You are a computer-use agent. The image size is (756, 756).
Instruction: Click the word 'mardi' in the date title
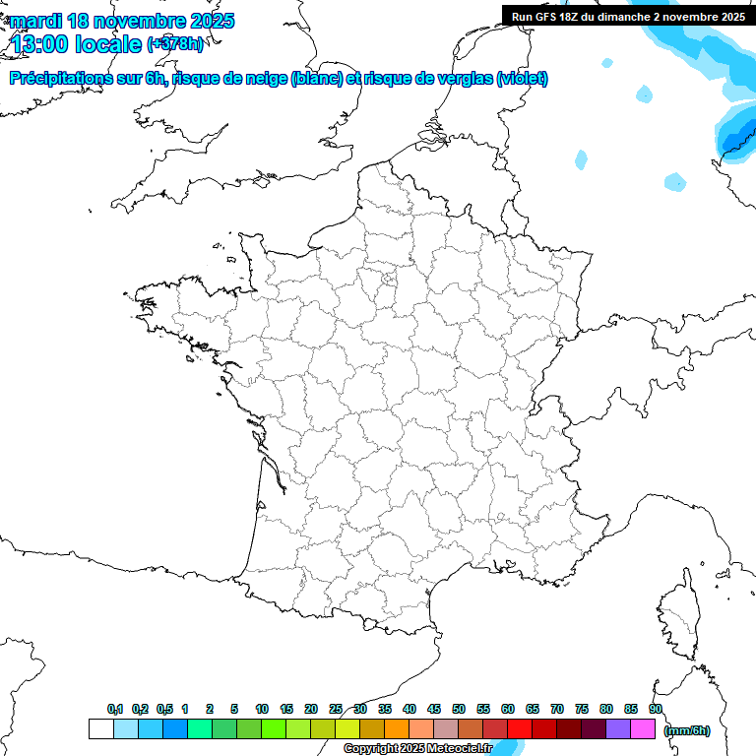[x=34, y=21]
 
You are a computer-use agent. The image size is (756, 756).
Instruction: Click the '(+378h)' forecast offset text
[x=174, y=44]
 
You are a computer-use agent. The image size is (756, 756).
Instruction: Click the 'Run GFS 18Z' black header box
[x=628, y=16]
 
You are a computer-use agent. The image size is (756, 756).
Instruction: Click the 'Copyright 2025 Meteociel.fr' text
[x=417, y=749]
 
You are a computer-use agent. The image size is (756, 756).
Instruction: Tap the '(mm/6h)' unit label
[x=686, y=730]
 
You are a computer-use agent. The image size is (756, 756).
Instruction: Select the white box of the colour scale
[x=100, y=729]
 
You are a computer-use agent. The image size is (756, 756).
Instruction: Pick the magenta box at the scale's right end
[x=644, y=729]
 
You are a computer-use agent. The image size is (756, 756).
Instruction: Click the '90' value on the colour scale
[x=656, y=709]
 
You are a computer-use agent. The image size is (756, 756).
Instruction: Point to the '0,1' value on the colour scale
[x=115, y=709]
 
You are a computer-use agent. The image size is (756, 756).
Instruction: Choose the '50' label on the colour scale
[x=459, y=709]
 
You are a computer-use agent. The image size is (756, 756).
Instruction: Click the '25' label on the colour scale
[x=336, y=709]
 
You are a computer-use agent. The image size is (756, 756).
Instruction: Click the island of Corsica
[x=679, y=610]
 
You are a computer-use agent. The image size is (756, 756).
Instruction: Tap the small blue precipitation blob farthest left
[x=581, y=158]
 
